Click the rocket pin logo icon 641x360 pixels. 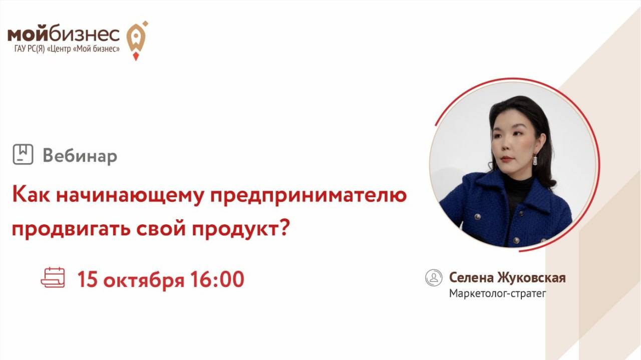136,39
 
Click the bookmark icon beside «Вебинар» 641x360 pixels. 23,155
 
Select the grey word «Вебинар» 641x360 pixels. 80,156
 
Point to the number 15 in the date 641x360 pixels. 87,279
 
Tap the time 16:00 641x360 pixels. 217,279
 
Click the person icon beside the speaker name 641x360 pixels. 434,278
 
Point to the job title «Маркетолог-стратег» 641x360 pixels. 497,293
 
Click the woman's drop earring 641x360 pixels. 535,160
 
